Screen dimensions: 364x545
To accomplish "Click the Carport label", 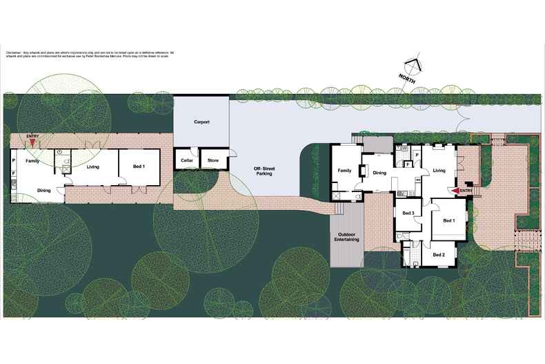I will (x=201, y=122).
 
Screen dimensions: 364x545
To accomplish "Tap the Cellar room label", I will (x=186, y=161).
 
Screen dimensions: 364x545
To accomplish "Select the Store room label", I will (x=213, y=161).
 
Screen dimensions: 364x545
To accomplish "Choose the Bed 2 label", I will (x=439, y=255).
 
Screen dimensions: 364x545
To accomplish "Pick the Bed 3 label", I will (x=408, y=213).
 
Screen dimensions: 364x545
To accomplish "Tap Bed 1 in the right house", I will (x=449, y=220).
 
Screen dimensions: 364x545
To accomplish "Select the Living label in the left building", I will (x=95, y=166).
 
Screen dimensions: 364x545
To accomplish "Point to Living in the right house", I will (x=438, y=170).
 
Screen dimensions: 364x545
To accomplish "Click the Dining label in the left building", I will (x=43, y=190).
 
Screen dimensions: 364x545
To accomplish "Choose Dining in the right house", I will (x=379, y=173).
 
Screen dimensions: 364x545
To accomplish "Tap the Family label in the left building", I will (x=32, y=160).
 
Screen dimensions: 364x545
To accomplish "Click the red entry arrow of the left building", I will (x=33, y=144).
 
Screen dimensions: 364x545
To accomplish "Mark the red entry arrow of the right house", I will (x=455, y=191).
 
